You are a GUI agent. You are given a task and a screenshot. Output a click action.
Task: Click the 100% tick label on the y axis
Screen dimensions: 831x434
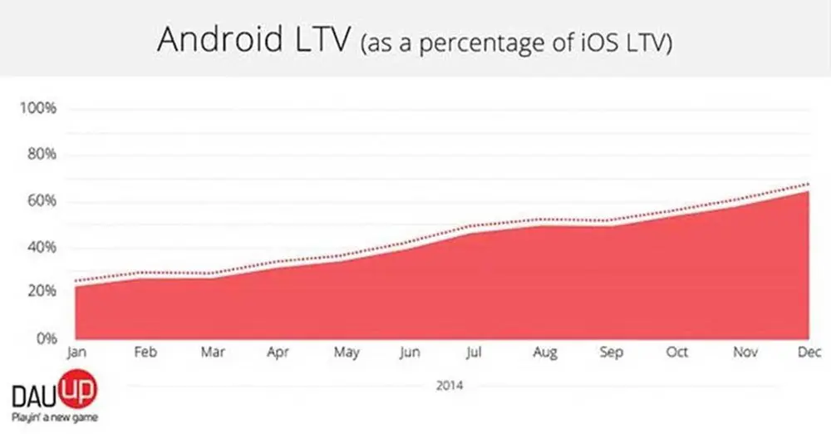click(38, 108)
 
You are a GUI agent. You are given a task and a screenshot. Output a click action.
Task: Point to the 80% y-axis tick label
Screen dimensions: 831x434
click(42, 155)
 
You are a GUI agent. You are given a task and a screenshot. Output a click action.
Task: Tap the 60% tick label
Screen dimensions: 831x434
click(42, 200)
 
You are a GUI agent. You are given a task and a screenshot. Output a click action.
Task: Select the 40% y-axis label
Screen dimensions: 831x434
click(42, 247)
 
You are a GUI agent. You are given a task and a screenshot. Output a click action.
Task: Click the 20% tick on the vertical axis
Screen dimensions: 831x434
click(42, 291)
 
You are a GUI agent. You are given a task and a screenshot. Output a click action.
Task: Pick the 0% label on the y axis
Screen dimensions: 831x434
click(47, 338)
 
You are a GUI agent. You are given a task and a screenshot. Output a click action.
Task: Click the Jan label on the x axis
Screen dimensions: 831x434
click(76, 353)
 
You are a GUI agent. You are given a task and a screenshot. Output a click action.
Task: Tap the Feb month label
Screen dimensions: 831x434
click(145, 352)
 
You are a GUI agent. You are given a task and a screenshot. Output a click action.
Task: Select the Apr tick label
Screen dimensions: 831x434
click(278, 353)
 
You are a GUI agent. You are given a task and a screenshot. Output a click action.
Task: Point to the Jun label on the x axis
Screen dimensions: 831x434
click(410, 353)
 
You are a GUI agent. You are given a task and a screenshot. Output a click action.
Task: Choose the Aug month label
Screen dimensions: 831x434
click(545, 353)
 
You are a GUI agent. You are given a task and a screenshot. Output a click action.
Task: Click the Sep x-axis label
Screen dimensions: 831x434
click(611, 353)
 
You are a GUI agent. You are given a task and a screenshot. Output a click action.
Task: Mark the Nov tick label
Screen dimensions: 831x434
click(745, 352)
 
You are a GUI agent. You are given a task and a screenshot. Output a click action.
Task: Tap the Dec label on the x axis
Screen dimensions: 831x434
click(809, 352)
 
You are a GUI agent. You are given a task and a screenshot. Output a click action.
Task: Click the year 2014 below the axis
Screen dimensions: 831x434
click(450, 385)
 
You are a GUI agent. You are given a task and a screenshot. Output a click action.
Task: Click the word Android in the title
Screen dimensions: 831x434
click(220, 39)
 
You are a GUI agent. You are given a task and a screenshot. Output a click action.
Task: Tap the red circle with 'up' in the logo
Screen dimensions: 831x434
click(77, 390)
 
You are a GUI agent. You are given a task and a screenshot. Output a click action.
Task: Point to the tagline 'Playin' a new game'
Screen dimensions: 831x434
click(55, 417)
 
